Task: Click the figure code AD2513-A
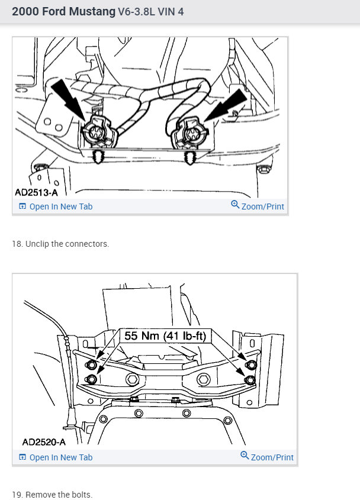click(x=40, y=192)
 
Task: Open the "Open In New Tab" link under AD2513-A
click(x=56, y=207)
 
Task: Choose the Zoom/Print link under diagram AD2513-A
click(x=258, y=207)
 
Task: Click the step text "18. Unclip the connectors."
click(x=60, y=244)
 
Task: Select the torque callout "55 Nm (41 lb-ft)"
click(x=165, y=336)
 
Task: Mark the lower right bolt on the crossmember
click(x=250, y=379)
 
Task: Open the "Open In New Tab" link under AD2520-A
click(x=56, y=457)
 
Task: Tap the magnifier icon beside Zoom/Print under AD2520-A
click(x=245, y=456)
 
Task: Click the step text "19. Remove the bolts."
click(x=52, y=494)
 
